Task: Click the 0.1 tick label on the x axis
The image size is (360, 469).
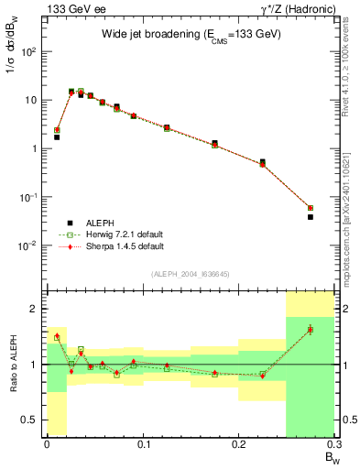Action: [143, 444]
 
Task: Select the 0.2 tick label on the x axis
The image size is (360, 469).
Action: [239, 444]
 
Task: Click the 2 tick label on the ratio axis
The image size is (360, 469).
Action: [36, 310]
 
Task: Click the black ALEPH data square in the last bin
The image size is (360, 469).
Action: [310, 217]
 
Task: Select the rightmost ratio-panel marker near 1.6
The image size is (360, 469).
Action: [310, 330]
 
